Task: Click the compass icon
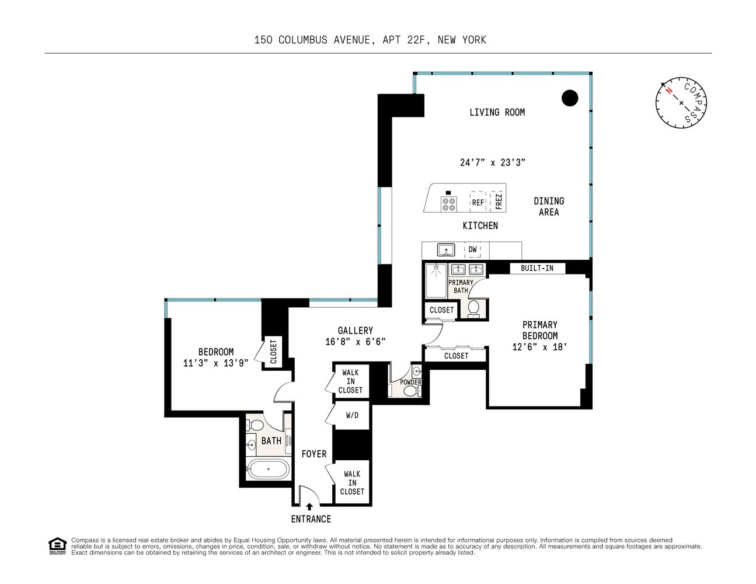[681, 102]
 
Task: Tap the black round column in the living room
[570, 98]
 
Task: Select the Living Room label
[497, 112]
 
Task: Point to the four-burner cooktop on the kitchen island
[449, 203]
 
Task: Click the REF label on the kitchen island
[478, 203]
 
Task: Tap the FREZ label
[499, 201]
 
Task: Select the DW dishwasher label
[472, 249]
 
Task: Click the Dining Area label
[549, 207]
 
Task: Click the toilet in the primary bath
[473, 308]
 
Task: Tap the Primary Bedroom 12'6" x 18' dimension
[539, 347]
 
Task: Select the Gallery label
[355, 331]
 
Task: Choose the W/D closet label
[352, 416]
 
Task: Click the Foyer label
[313, 454]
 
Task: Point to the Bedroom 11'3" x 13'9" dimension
[215, 363]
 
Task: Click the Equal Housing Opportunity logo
[57, 545]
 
